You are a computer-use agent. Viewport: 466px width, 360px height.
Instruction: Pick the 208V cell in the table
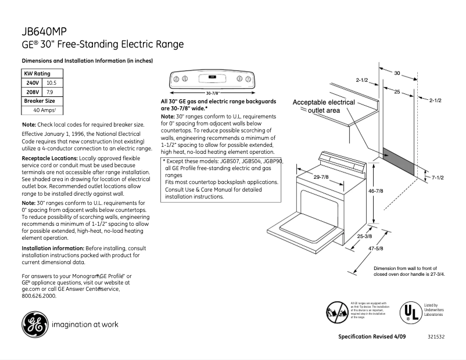32,92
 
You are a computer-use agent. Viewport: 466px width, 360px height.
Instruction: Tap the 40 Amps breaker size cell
44,110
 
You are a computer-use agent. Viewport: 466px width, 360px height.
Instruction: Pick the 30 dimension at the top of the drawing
397,73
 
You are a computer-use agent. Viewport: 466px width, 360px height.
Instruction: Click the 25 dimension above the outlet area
396,92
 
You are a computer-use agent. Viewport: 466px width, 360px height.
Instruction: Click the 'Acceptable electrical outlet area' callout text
324,106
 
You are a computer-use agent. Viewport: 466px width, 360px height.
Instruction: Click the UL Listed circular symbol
409,312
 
